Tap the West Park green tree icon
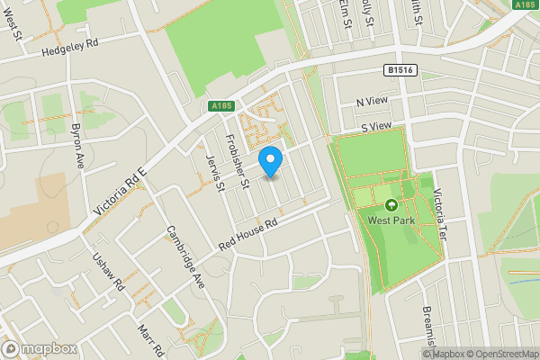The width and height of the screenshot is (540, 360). [x=391, y=204]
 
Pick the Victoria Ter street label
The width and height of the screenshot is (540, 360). [x=438, y=217]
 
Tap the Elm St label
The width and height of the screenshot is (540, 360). [x=345, y=13]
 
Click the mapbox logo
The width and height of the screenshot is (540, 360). [x=39, y=348]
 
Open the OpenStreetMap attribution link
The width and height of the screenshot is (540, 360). [x=502, y=354]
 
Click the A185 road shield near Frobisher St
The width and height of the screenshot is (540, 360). [x=222, y=106]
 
